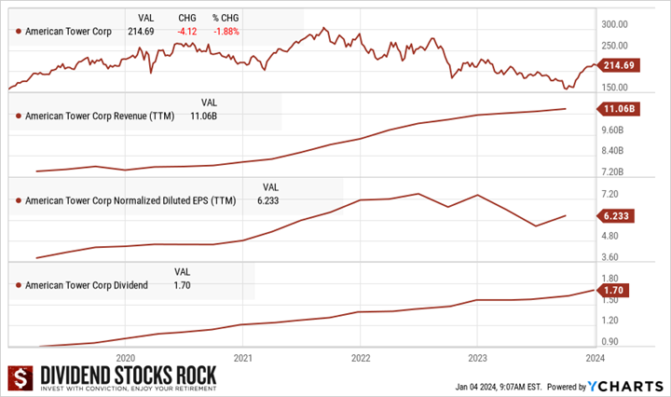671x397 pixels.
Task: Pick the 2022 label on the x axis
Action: pyautogui.click(x=360, y=357)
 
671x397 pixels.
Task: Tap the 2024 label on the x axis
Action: pyautogui.click(x=595, y=357)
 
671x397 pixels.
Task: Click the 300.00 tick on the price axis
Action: pyautogui.click(x=619, y=25)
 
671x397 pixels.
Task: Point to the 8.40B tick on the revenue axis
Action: pyautogui.click(x=616, y=151)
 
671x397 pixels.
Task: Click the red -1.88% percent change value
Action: pyautogui.click(x=227, y=32)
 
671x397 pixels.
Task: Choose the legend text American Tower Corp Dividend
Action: pyautogui.click(x=86, y=284)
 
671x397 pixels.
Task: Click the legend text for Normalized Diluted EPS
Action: pyautogui.click(x=131, y=200)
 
